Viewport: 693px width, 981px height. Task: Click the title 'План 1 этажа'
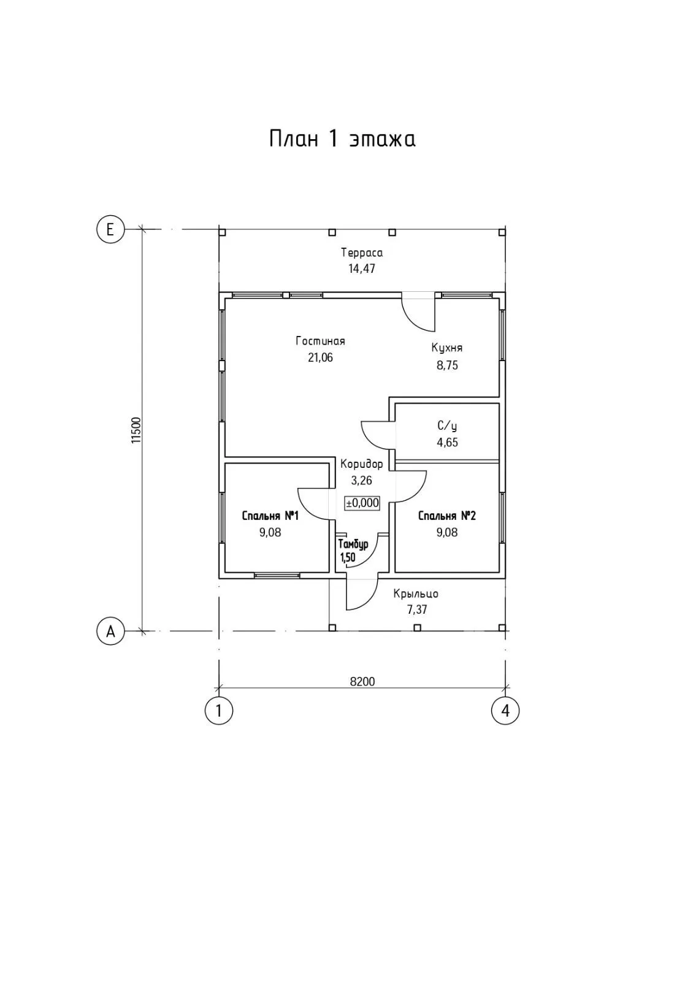342,139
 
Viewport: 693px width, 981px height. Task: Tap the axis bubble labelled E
110,229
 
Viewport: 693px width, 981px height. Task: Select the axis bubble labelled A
110,631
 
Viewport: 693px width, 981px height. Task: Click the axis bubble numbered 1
218,711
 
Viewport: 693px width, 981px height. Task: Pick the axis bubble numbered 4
505,711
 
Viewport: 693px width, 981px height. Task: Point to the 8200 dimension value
362,681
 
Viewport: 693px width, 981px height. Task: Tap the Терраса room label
362,253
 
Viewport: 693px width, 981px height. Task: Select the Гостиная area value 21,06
320,357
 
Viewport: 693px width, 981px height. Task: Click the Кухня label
446,348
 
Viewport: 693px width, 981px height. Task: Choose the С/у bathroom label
447,426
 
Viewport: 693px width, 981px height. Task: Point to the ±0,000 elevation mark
362,503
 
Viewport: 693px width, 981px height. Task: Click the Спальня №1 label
270,516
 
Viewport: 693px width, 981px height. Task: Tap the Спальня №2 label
447,516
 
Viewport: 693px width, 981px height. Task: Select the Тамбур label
353,544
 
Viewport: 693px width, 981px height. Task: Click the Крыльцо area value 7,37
416,610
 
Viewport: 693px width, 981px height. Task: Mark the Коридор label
362,464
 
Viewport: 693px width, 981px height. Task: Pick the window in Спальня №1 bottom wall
277,575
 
